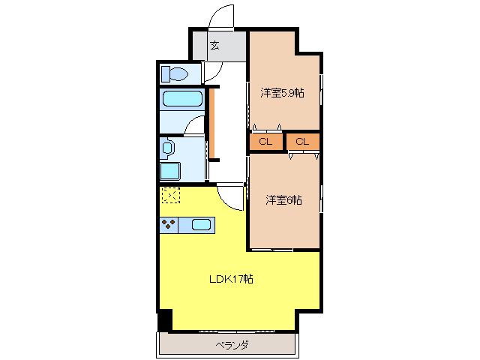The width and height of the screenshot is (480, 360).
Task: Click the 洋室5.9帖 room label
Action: click(283, 93)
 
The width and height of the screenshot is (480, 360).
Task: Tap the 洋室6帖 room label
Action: click(283, 200)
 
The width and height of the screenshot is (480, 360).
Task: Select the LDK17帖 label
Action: click(230, 279)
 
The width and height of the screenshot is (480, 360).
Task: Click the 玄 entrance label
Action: click(214, 45)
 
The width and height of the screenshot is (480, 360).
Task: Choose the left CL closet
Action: click(265, 141)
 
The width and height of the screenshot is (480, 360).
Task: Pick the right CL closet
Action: click(302, 141)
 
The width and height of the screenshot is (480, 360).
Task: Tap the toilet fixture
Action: click(176, 74)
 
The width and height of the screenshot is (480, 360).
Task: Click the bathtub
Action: click(181, 99)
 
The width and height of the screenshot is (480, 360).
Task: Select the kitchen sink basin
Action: click(200, 223)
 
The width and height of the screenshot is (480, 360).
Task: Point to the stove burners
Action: click(169, 223)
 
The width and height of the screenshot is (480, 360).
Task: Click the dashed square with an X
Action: click(171, 195)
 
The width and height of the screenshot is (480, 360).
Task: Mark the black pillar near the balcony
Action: click(165, 320)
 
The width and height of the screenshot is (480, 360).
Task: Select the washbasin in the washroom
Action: click(166, 147)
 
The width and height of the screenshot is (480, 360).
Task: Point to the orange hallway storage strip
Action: click(212, 124)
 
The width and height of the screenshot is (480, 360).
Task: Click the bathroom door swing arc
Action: click(194, 126)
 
